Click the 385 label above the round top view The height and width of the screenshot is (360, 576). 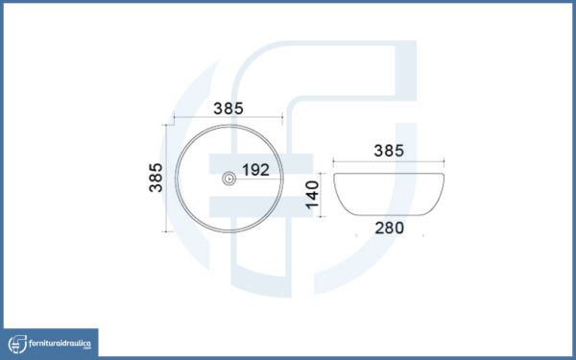coord(228,108)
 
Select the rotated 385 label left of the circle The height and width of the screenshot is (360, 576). coord(156,178)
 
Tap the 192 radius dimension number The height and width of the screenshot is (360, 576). coord(255,170)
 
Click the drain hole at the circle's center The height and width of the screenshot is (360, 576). coord(229,179)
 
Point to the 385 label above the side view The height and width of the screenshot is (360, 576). coord(389,151)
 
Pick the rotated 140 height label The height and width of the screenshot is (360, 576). coord(312,195)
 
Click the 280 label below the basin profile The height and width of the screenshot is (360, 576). coord(390,228)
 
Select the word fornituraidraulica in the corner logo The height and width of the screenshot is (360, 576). coord(60,344)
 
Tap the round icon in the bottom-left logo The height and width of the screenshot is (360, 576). coord(17,345)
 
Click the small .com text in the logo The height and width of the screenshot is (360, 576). coord(87,348)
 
